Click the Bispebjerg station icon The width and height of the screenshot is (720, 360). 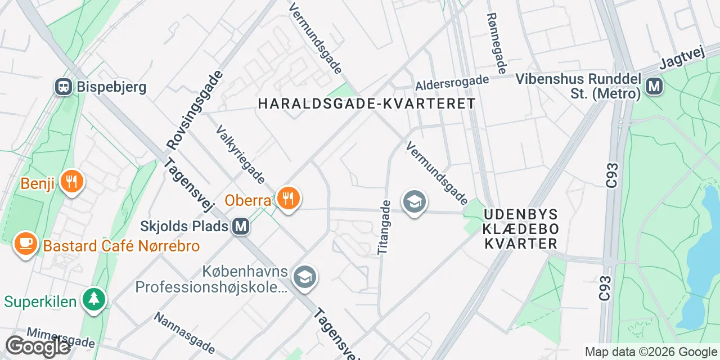pos(64,87)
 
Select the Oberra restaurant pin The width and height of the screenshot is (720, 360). pos(288,198)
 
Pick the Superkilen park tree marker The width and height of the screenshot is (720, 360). pos(93,299)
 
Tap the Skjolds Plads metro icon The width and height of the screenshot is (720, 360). pos(241,227)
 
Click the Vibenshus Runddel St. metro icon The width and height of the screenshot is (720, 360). pos(654,86)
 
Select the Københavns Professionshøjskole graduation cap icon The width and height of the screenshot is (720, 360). pos(305,276)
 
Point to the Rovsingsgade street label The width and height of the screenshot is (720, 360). pos(195,110)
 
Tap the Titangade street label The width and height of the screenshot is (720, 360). pos(384,227)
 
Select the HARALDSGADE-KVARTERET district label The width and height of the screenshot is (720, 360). pos(367,103)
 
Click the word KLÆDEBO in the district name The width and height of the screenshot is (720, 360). pos(521,229)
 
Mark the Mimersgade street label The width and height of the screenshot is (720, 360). pos(61,337)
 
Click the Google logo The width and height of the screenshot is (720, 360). pos(38,346)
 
